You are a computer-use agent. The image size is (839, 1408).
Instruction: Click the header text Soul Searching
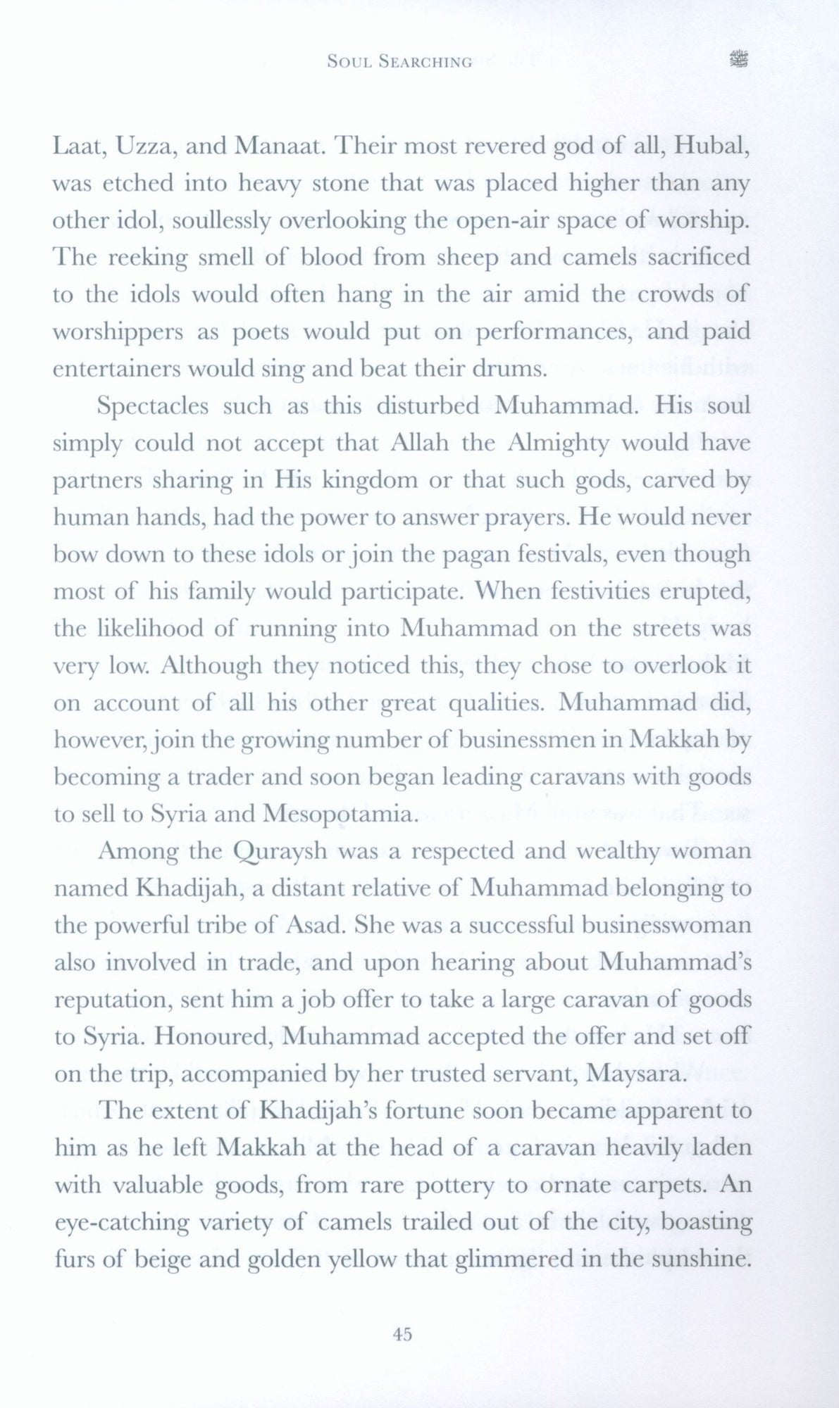tap(399, 62)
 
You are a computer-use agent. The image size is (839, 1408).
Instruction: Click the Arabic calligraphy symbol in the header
tap(738, 61)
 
